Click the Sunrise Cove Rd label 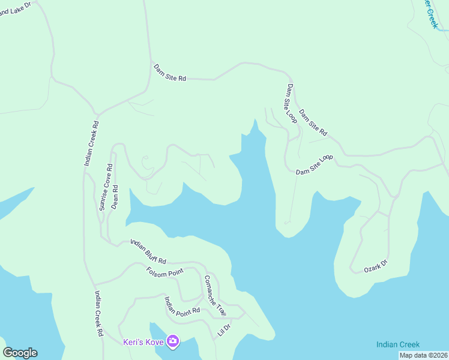[x=106, y=187]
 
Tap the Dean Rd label [x=115, y=196]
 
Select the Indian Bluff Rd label [x=148, y=251]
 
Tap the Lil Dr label [x=224, y=329]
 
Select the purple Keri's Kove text [x=143, y=342]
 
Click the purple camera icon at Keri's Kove [x=173, y=341]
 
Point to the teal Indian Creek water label [x=398, y=344]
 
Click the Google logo [x=20, y=353]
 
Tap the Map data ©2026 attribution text [x=423, y=355]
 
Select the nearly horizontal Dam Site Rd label [x=169, y=73]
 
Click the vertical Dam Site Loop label [x=291, y=103]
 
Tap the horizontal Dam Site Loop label [x=314, y=165]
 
